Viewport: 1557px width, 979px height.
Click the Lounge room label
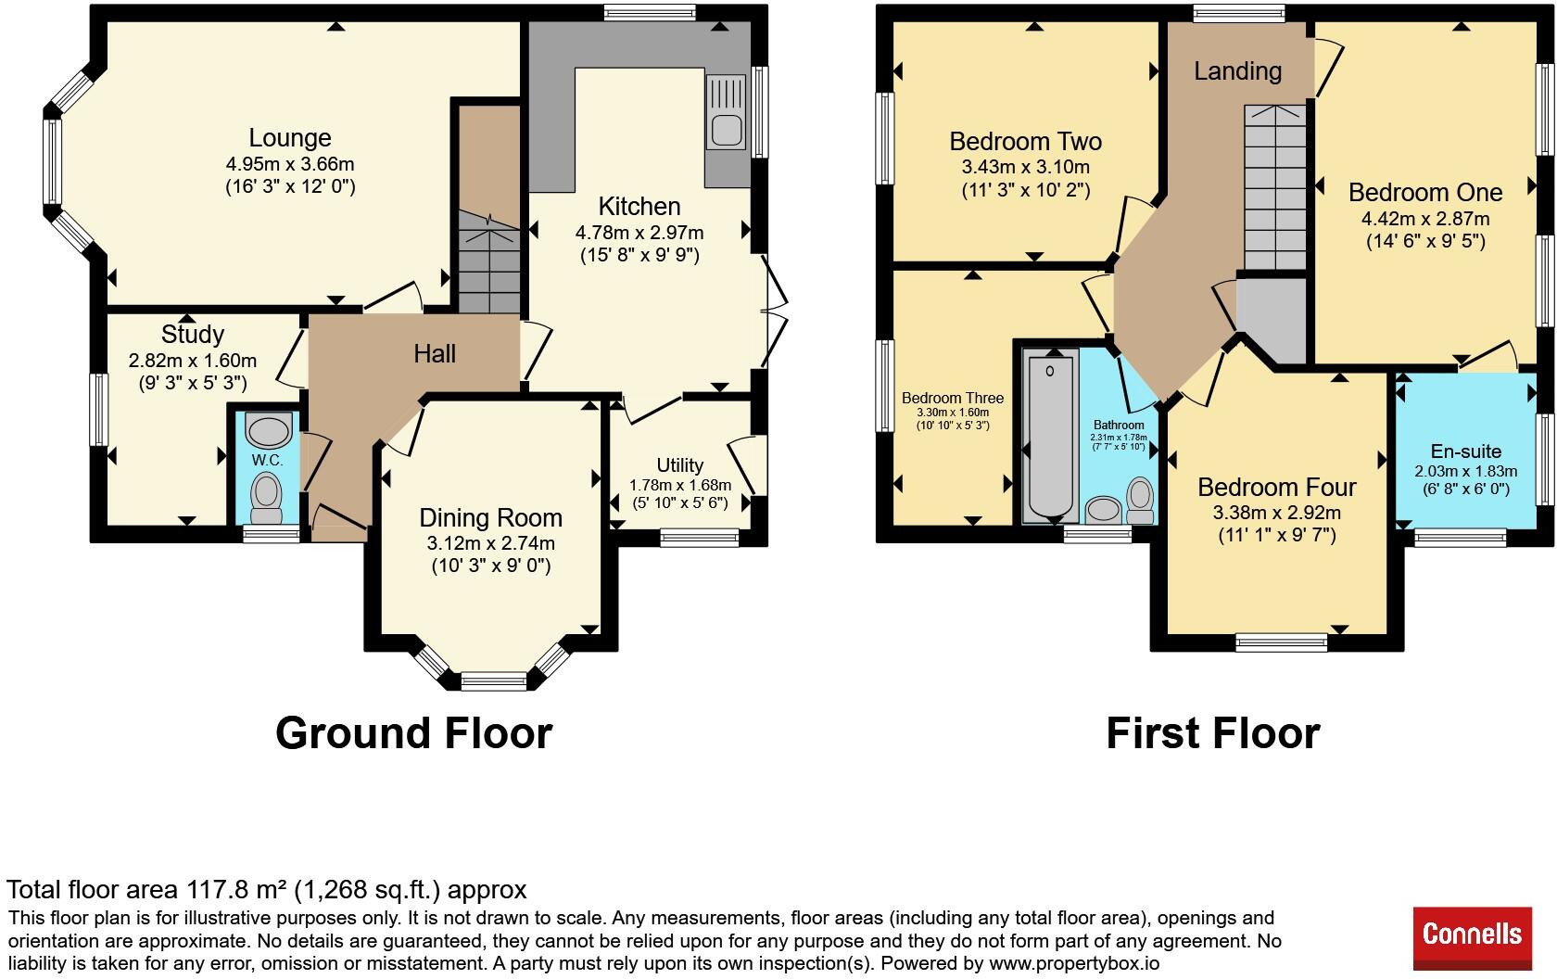pyautogui.click(x=290, y=137)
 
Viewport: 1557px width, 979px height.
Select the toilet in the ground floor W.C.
pyautogui.click(x=266, y=497)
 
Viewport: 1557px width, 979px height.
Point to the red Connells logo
pyautogui.click(x=1472, y=938)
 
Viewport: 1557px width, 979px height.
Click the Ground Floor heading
pyautogui.click(x=414, y=732)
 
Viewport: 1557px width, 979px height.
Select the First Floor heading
pyautogui.click(x=1213, y=732)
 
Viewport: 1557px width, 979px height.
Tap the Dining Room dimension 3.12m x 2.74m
pyautogui.click(x=491, y=543)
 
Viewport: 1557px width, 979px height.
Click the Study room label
pyautogui.click(x=193, y=335)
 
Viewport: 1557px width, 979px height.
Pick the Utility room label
pyautogui.click(x=680, y=464)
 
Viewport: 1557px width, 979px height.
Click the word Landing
pyautogui.click(x=1238, y=70)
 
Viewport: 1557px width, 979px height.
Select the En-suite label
pyautogui.click(x=1466, y=451)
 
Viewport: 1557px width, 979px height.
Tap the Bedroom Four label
pyautogui.click(x=1277, y=487)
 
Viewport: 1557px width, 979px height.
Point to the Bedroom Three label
pyautogui.click(x=953, y=398)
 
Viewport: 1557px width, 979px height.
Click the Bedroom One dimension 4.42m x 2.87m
pyautogui.click(x=1425, y=219)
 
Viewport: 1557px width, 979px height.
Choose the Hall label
pyautogui.click(x=435, y=354)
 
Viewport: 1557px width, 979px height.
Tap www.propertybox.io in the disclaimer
pyautogui.click(x=1074, y=964)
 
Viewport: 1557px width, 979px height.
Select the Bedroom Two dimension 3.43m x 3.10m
pyautogui.click(x=1025, y=167)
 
